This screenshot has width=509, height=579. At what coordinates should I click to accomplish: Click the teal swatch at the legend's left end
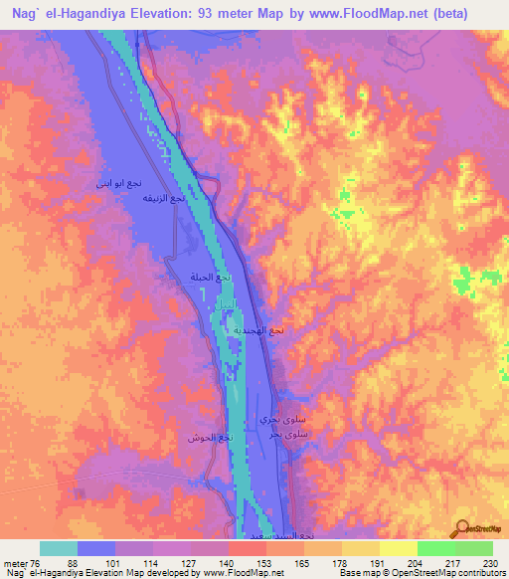[x=59, y=548]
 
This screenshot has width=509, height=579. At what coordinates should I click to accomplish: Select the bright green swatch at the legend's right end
[x=473, y=548]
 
